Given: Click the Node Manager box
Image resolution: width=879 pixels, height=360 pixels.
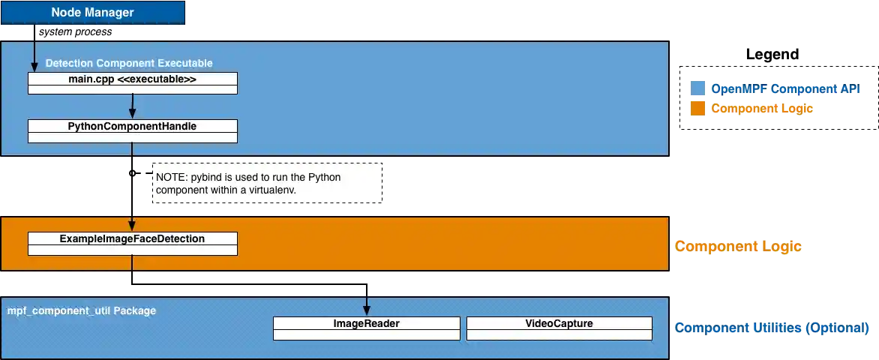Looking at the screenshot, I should coord(92,13).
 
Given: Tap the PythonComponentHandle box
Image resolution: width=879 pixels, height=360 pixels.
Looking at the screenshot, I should coord(133,127).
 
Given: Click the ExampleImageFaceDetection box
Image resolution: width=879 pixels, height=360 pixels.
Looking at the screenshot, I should coord(133,239).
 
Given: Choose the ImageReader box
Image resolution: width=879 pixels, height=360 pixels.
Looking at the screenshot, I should coord(366,324).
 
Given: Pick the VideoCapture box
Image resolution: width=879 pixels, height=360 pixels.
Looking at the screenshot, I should coord(559,324).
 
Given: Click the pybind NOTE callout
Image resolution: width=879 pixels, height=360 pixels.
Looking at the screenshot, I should coord(267,182).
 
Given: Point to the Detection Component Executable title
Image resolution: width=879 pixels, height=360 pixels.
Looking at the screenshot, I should coord(129,63).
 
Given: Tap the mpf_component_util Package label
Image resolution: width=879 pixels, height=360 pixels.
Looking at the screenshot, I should coord(82,310).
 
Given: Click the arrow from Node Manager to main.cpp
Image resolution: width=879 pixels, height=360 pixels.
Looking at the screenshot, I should coord(34,56).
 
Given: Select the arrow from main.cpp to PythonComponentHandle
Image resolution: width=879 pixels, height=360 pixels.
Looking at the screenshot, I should coord(133,106).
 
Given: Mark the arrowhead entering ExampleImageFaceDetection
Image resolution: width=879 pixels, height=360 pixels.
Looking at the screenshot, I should coord(133,226).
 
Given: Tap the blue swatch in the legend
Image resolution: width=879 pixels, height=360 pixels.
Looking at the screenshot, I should coord(697,88).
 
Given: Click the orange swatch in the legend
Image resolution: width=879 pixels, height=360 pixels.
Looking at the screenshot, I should coord(697,109).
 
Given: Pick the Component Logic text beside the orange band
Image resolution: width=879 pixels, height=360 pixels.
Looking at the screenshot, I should coord(738,246).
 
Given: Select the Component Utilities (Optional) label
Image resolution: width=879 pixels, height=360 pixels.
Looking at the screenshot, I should coord(771,328).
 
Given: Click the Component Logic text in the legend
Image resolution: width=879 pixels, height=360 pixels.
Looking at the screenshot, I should coord(762,109).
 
